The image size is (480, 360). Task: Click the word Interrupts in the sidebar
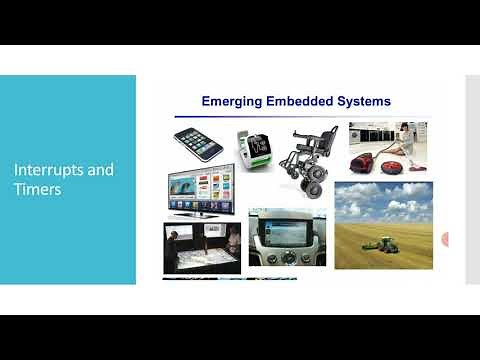(46, 170)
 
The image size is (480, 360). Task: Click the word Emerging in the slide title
(235, 101)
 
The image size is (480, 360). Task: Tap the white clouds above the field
(385, 200)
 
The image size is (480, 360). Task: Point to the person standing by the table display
(171, 245)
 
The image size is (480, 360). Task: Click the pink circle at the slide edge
(445, 240)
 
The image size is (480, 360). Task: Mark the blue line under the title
(296, 112)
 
